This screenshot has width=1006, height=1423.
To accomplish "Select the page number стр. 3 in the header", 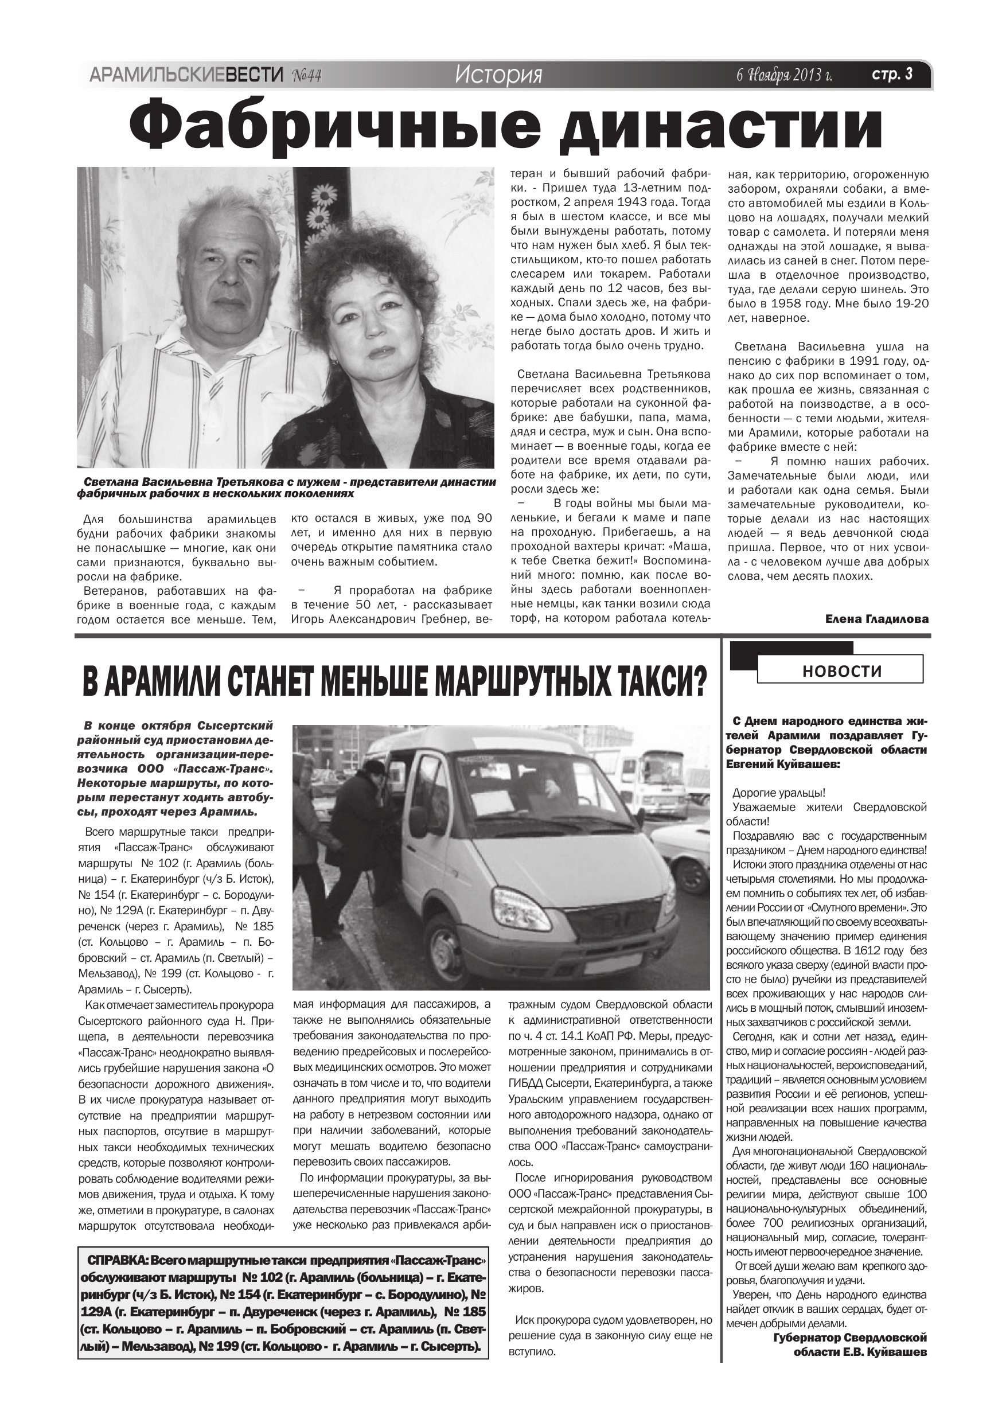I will click(x=892, y=75).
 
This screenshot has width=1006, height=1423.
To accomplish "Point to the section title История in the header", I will click(x=498, y=75).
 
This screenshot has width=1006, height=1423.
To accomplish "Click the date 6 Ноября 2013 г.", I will click(x=783, y=76).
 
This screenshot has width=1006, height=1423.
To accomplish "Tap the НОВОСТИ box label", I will click(x=842, y=670).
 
